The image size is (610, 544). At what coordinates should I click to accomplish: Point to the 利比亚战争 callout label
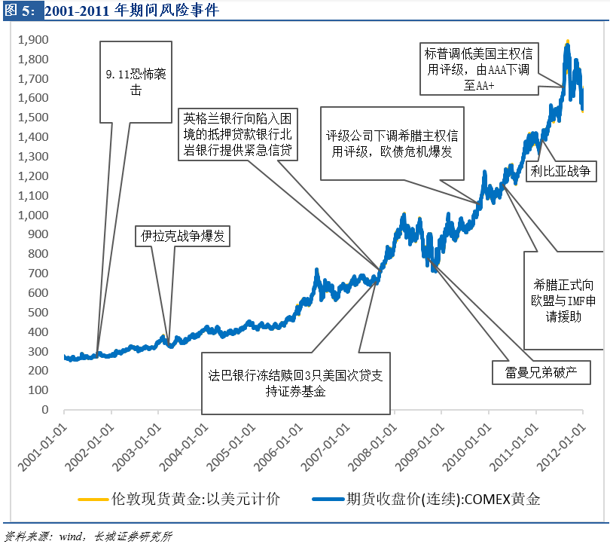[564, 172]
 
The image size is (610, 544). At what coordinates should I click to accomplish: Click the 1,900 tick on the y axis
[35, 40]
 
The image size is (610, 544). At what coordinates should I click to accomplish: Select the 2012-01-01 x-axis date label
[565, 441]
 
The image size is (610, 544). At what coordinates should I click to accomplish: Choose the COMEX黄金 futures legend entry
[444, 498]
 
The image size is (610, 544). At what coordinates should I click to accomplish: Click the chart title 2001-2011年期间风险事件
[136, 11]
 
